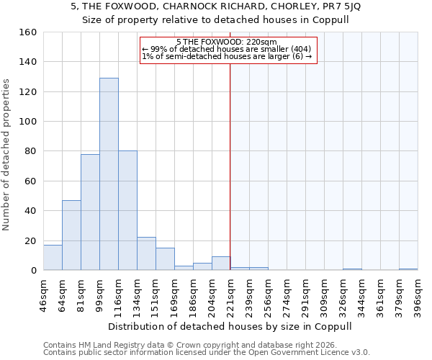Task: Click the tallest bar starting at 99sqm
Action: (109, 174)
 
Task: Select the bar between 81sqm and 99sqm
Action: (90, 212)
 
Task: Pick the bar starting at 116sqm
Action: (127, 210)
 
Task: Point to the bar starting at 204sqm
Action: (221, 264)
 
